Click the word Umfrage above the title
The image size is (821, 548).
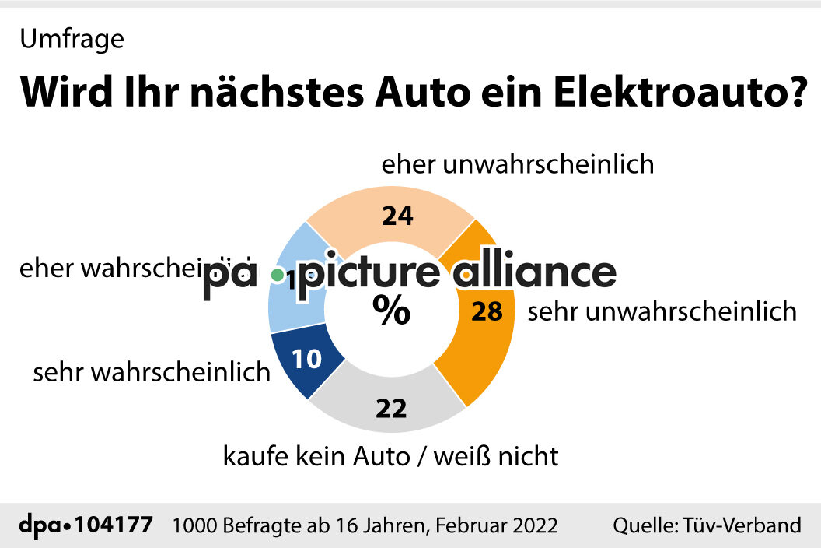72,40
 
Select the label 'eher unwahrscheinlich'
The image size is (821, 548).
517,165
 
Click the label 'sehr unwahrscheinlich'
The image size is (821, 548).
662,312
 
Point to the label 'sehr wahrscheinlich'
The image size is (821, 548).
152,373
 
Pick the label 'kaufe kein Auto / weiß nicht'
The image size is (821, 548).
390,455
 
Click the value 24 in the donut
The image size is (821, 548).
397,216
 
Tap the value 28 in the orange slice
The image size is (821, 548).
487,311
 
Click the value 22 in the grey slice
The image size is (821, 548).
391,408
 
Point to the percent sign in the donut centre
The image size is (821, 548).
390,311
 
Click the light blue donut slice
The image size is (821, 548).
288,307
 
